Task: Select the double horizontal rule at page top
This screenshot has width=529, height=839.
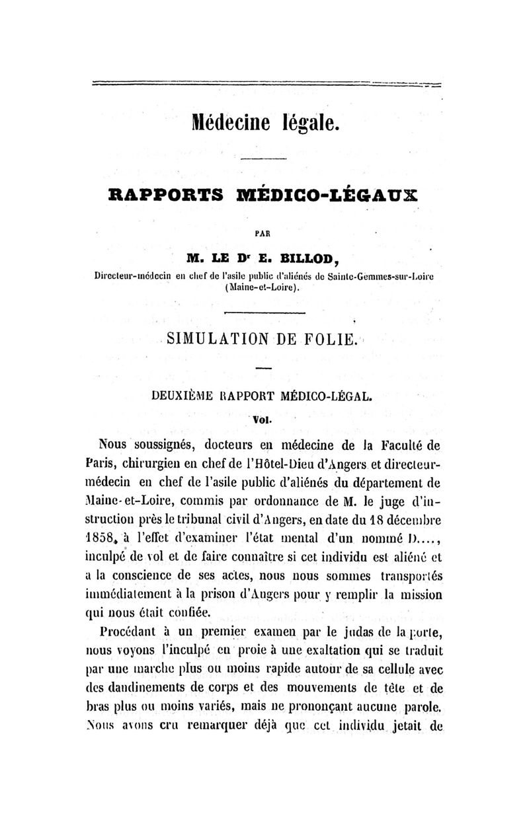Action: (264, 84)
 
